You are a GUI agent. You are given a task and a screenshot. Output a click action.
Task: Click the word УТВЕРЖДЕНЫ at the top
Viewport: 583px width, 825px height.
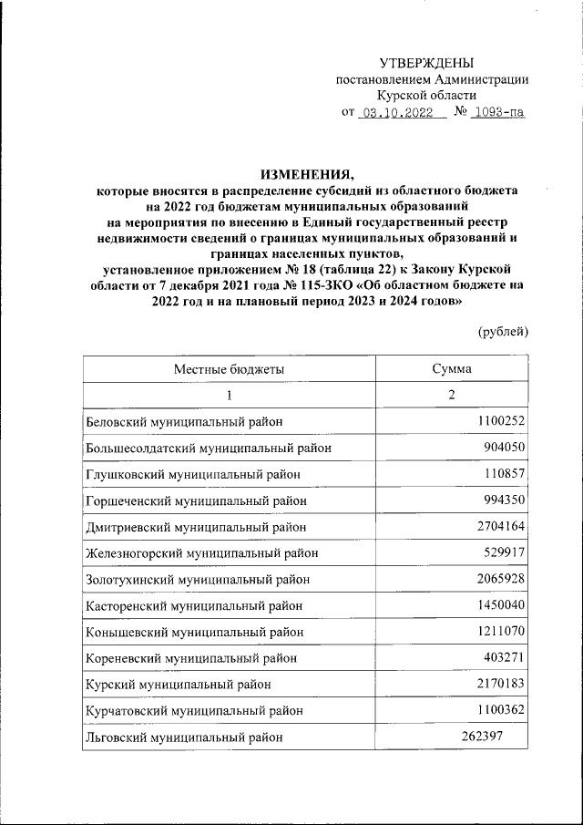coord(426,63)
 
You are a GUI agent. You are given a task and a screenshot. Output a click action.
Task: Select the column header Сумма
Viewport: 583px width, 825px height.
coord(452,368)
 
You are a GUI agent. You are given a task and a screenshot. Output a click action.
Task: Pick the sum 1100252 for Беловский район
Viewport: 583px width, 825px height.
coord(500,421)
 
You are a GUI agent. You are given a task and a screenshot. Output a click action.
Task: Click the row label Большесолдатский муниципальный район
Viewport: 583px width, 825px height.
coord(208,448)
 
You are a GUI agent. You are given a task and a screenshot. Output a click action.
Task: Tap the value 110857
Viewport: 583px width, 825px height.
coord(506,474)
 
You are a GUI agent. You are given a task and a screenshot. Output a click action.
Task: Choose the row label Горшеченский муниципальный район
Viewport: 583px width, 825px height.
coord(196,500)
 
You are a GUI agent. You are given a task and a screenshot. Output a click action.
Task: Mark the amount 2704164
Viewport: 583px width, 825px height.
coord(500,526)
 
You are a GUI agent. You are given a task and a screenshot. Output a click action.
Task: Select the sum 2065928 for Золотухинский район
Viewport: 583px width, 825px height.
coord(500,579)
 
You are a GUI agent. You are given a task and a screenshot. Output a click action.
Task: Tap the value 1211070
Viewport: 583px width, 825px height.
coord(500,631)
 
